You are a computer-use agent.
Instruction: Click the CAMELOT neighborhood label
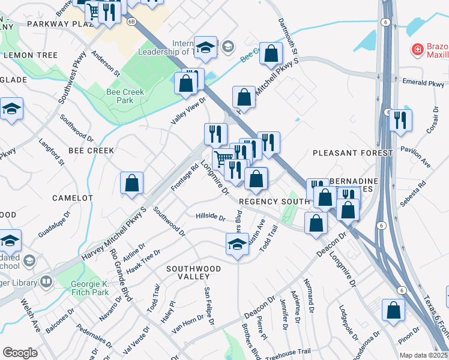coord(72,197)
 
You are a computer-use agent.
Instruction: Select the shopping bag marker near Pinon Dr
coord(394,310)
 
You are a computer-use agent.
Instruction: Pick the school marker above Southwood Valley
coord(238,245)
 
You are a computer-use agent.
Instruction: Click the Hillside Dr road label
coord(210,217)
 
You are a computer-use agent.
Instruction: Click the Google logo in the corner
coord(20,352)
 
